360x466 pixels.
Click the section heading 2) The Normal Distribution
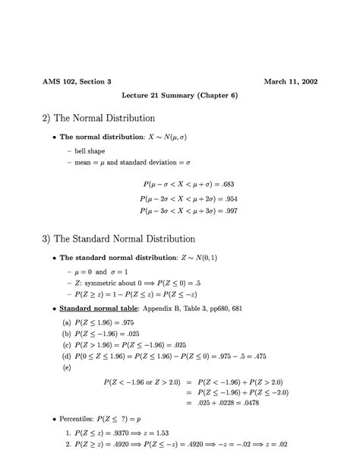99,119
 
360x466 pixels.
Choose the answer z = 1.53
179,432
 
